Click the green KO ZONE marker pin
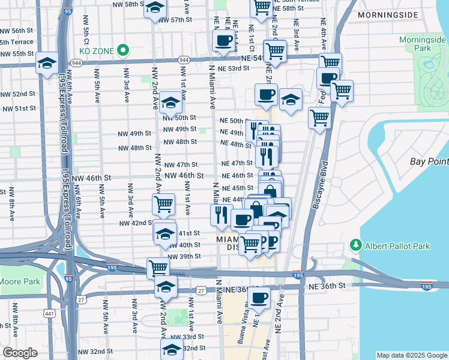point(124,50)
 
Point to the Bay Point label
point(429,161)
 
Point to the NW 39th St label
point(184,256)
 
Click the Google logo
point(20,353)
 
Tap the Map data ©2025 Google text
point(411,355)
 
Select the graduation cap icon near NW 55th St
point(47,63)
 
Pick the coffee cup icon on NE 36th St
point(259,297)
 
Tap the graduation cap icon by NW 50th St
point(170,103)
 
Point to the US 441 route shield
point(49,313)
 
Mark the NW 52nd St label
point(17,94)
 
